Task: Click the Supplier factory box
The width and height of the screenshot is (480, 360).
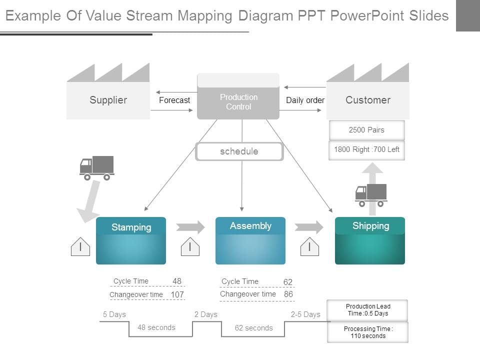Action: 108,100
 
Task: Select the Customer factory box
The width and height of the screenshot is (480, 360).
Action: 367,100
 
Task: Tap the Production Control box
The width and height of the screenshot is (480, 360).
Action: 238,101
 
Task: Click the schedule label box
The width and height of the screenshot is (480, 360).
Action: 239,151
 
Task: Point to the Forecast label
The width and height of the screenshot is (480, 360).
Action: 174,100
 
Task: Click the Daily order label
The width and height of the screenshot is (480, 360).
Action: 305,100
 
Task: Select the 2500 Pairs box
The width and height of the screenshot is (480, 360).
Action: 366,130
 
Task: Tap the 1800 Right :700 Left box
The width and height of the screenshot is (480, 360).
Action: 366,149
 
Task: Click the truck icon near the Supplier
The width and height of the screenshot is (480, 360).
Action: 97,167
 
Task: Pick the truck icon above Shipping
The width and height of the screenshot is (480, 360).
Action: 371,195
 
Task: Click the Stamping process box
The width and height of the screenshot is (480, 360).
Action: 131,240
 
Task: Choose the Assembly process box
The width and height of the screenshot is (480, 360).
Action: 250,240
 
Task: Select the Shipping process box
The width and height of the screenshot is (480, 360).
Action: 370,240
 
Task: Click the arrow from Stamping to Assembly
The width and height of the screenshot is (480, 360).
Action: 190,227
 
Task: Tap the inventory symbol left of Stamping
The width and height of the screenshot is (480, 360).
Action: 80,246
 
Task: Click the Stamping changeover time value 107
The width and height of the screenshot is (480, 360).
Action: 177,294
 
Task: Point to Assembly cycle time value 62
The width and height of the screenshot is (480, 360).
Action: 288,282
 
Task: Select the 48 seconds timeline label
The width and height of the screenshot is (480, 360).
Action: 156,327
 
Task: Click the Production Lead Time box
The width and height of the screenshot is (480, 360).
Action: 367,310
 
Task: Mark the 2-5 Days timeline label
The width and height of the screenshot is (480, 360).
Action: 305,314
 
